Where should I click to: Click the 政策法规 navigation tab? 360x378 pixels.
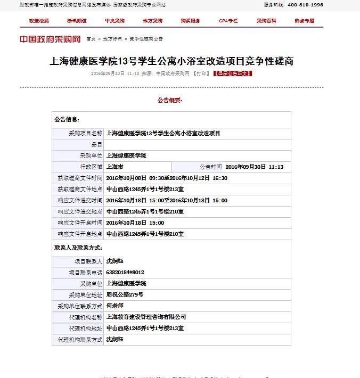(x=39, y=21)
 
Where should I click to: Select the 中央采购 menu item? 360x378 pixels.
(x=114, y=21)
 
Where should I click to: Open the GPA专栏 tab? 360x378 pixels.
(x=228, y=21)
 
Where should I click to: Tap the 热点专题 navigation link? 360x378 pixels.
(x=304, y=21)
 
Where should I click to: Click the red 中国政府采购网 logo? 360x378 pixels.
(x=50, y=39)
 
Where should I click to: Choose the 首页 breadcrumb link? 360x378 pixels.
(x=91, y=39)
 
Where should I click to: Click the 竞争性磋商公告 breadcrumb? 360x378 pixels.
(x=146, y=39)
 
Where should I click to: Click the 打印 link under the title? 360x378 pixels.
(x=202, y=73)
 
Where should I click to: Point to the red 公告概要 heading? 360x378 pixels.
(x=170, y=100)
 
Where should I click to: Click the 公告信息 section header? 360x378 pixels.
(x=67, y=120)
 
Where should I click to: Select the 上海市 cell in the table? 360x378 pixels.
(x=115, y=167)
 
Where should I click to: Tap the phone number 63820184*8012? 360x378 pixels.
(x=126, y=272)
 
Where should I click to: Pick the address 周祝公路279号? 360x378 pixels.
(x=125, y=294)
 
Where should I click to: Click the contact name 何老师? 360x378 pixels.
(x=114, y=306)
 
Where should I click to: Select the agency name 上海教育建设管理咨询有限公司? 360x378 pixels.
(x=146, y=317)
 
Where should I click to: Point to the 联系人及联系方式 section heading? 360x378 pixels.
(x=78, y=248)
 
